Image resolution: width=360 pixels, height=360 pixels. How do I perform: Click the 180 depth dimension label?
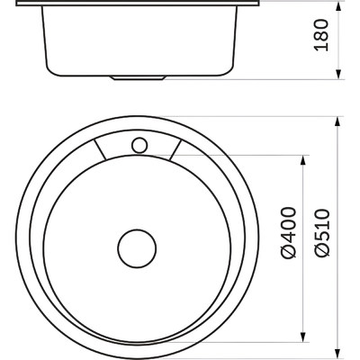click(321, 35)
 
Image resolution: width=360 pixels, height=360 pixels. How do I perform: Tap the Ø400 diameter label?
click(288, 232)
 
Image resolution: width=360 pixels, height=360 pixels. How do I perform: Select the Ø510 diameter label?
click(321, 233)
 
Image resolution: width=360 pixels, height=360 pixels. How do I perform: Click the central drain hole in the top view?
click(137, 248)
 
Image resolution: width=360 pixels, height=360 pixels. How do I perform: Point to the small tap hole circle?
click(139, 146)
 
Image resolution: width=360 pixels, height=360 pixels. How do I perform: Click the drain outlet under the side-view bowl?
click(138, 78)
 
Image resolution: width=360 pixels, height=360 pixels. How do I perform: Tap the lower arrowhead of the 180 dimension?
click(338, 74)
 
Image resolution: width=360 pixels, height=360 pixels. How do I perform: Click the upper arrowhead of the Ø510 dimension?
click(337, 121)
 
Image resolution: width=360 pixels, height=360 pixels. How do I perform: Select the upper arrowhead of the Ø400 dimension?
click(303, 160)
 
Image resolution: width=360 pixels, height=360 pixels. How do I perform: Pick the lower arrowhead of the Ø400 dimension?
click(303, 337)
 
